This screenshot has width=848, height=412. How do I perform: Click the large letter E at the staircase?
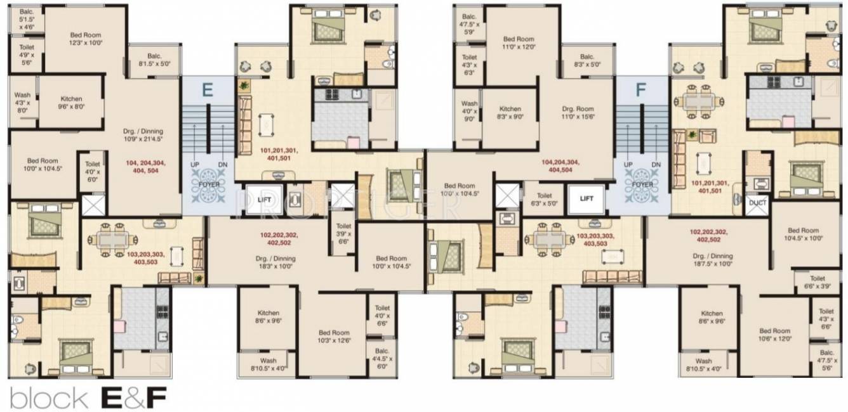tap(207, 89)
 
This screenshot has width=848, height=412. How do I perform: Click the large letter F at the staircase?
tap(640, 89)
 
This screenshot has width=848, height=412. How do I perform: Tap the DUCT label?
tap(757, 203)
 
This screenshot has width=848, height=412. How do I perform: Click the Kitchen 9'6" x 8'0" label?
tap(71, 103)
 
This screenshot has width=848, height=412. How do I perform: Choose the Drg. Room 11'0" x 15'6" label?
tap(577, 113)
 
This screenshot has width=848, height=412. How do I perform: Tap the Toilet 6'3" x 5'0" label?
tap(544, 200)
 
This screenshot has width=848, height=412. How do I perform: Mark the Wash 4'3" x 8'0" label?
tap(22, 103)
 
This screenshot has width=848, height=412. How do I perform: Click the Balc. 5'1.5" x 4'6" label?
tap(27, 20)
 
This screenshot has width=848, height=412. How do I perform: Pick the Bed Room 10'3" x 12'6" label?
tap(335, 336)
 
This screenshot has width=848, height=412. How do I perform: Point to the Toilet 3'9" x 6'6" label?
tap(343, 233)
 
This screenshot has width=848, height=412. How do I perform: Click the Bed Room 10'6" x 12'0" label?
tap(774, 335)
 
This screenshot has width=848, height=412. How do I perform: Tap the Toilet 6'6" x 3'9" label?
tap(818, 282)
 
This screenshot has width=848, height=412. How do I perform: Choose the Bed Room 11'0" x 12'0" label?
tap(519, 42)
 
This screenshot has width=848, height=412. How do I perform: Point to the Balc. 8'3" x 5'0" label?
tap(586, 60)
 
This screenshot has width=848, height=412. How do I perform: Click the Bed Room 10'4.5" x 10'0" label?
tap(804, 235)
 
